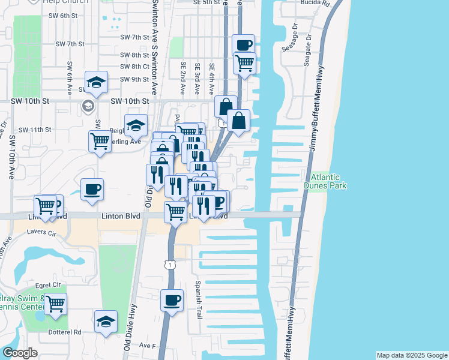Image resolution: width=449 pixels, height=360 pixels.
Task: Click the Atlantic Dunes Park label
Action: coord(325,182)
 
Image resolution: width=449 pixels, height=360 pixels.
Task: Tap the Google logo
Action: coord(20,353)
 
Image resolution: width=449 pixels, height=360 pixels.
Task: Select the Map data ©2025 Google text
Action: coord(412,355)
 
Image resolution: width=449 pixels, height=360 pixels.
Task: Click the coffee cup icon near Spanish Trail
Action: coord(172,299)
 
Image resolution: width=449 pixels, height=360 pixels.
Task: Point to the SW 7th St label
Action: coord(70,44)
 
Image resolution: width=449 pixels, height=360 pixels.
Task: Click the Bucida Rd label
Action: coord(316,3)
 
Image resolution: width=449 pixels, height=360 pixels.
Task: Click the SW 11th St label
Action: coord(35,130)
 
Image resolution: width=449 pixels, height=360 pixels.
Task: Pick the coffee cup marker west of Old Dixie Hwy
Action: coord(92,189)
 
